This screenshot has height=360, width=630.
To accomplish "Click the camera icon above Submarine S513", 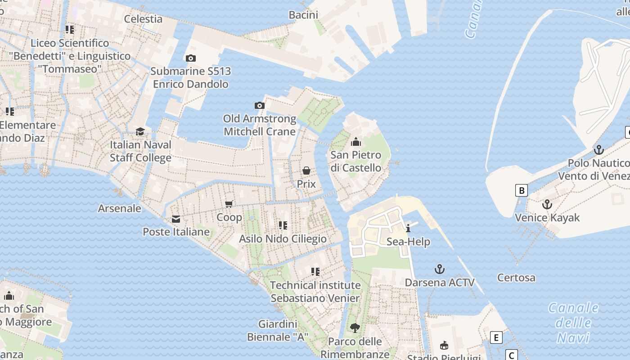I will coord(190,58).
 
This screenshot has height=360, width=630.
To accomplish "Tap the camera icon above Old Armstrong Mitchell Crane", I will coord(260,106).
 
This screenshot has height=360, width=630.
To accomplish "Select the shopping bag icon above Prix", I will coord(306,171).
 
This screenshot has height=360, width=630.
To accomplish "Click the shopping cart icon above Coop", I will coord(229,204).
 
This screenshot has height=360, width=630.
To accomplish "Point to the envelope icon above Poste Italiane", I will coord(176,219).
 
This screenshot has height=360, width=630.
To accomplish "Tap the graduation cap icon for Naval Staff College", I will coord(140,131).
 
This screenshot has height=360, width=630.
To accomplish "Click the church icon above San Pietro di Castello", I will coord(356,142).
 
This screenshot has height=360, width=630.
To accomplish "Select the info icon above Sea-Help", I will coord(408,228).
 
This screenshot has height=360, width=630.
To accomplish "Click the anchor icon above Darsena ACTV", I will coord(439,269).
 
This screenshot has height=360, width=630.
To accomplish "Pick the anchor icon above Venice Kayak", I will coord(547,204).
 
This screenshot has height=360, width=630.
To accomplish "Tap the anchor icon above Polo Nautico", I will coord(598,149).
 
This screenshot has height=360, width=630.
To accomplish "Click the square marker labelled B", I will coord(521,190).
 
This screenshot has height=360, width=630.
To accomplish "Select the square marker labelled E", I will coord(496,337).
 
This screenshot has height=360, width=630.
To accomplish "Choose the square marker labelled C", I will coord(511,355).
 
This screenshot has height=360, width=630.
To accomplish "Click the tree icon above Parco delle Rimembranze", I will coord(355,328).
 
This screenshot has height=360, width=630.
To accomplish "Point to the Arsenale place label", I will coord(120,208).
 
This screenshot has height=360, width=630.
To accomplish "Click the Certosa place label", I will coord(516,278).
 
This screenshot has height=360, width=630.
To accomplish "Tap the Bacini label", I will coord(303,15).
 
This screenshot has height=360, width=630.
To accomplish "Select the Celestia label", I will coord(143,19).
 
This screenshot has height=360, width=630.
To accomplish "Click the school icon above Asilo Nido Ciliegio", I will coord(283,225).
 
